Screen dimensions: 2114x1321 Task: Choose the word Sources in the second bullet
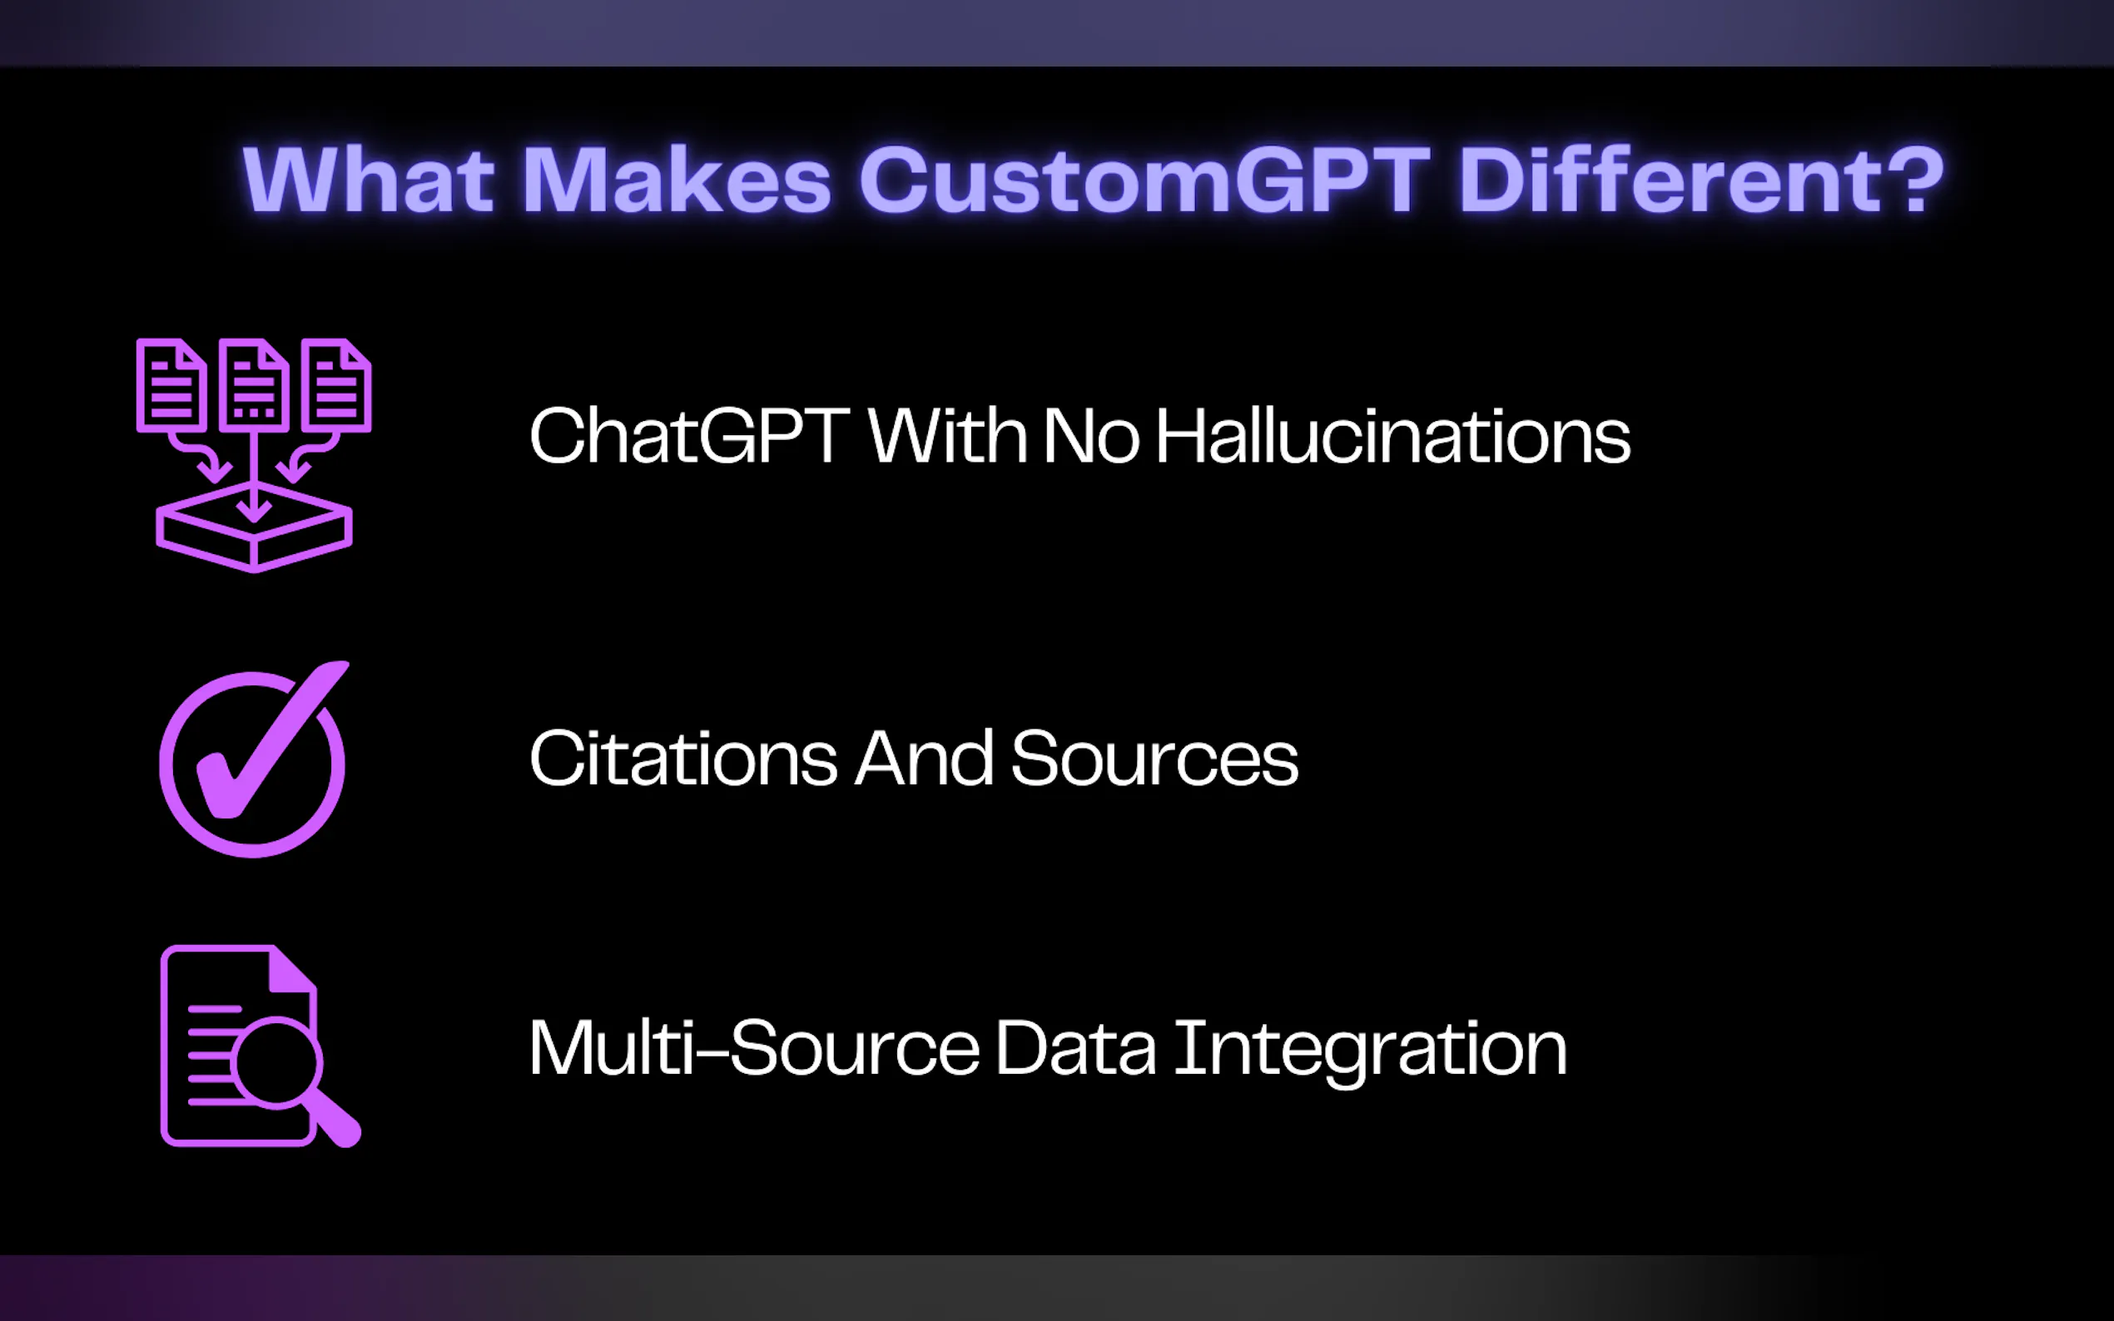(x=1154, y=758)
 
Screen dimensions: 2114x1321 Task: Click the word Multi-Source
(x=754, y=1047)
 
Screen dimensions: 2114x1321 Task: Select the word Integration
(x=1370, y=1053)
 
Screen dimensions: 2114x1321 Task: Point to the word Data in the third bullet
(x=1076, y=1047)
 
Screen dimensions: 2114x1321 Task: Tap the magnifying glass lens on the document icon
(x=277, y=1061)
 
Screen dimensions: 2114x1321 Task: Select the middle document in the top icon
(x=254, y=384)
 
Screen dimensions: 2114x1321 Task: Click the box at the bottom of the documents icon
(x=254, y=527)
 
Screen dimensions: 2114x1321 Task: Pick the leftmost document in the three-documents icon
(x=171, y=384)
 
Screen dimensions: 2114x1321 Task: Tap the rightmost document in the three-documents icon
(x=336, y=384)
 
